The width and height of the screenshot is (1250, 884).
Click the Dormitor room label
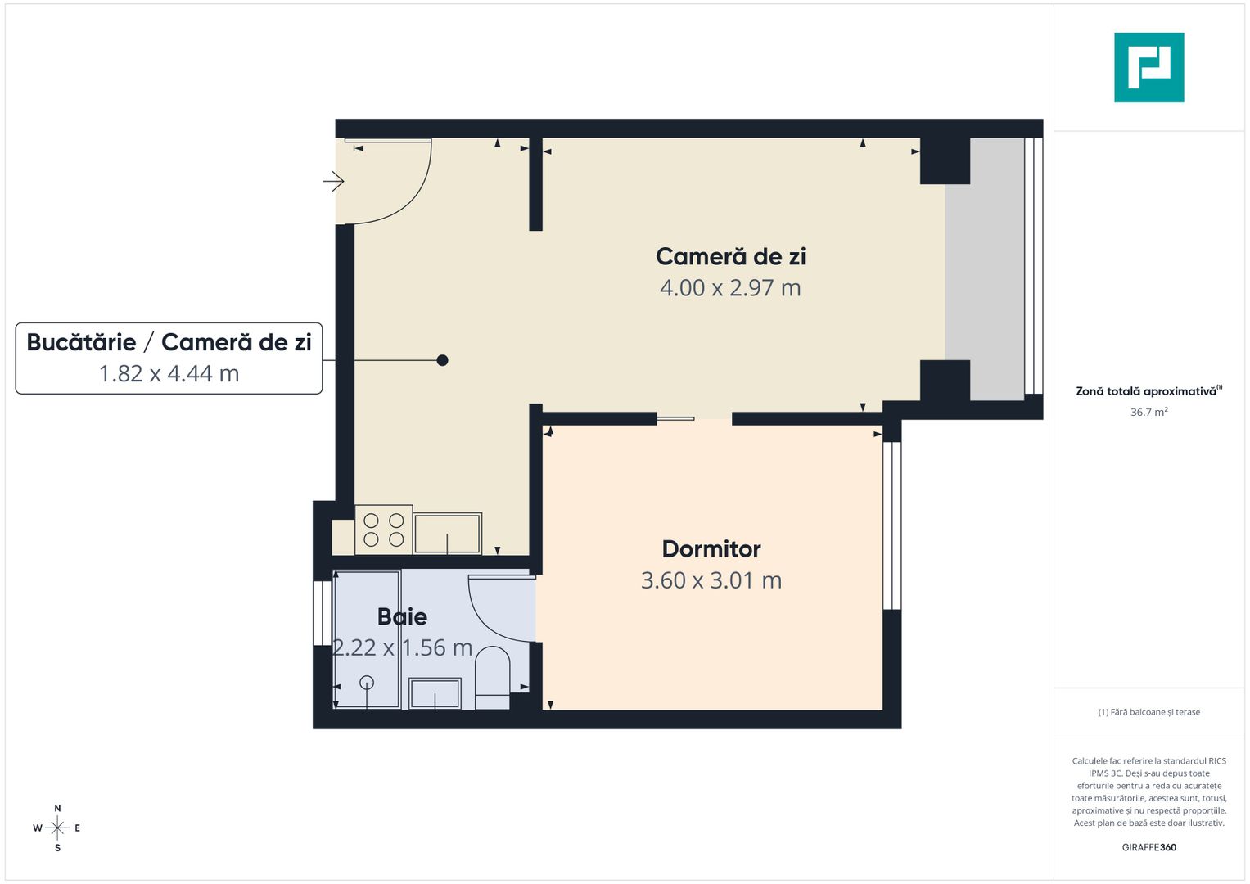point(711,549)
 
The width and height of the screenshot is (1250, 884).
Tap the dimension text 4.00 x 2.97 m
point(730,288)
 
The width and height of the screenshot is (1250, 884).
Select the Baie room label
point(402,616)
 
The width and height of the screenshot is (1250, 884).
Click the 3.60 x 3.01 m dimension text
point(711,580)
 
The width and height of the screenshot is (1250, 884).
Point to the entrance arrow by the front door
point(333,181)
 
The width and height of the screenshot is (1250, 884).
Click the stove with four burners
point(384,530)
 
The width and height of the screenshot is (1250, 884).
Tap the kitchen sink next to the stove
point(447,533)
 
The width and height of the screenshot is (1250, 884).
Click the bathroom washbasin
point(435,694)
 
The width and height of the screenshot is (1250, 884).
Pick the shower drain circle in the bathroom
point(367,682)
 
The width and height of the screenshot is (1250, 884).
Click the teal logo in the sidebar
point(1148,67)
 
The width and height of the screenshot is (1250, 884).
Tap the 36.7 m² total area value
point(1148,413)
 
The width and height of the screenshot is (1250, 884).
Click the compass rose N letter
point(57,809)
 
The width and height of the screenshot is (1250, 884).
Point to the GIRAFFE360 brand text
point(1148,847)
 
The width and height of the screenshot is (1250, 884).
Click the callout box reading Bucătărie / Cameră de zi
point(169,359)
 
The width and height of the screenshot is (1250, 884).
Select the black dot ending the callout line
point(442,360)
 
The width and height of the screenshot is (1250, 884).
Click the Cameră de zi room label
point(730,257)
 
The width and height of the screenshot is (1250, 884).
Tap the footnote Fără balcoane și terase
point(1148,712)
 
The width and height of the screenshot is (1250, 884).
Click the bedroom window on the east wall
point(891,525)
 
